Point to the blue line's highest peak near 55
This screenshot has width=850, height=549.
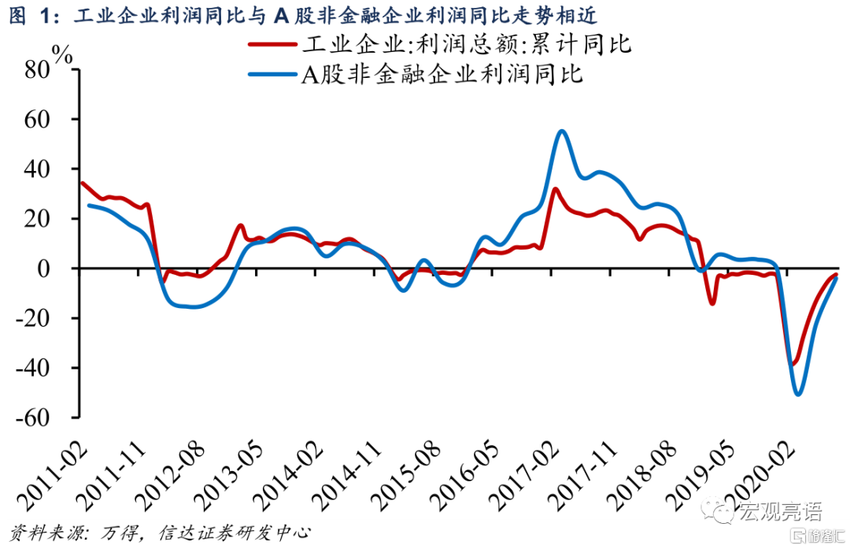[561, 132]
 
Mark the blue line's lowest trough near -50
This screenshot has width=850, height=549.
[798, 394]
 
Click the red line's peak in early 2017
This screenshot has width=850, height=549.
[555, 189]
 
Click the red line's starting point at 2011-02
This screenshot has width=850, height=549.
[82, 183]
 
